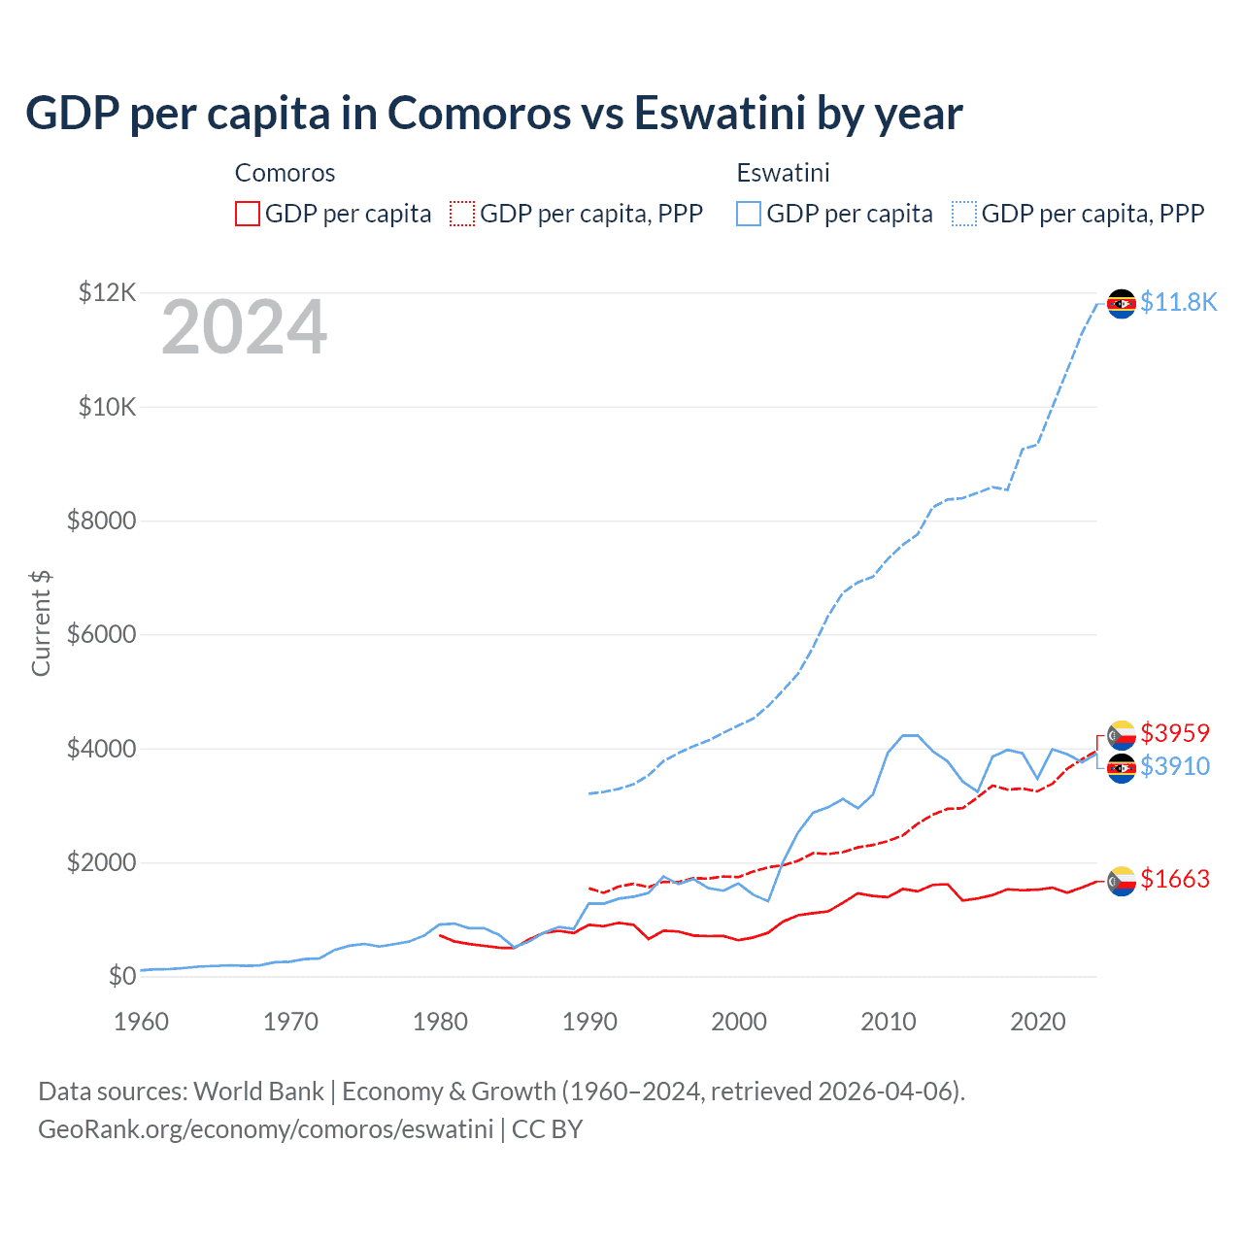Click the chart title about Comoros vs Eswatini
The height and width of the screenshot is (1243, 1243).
493,113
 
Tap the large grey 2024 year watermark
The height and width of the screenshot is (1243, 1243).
244,328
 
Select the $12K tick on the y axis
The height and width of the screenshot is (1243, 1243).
107,292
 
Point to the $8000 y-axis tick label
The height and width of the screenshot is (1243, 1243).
101,521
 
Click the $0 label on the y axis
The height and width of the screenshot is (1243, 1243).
121,976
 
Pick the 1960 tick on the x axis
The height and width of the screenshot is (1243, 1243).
142,1022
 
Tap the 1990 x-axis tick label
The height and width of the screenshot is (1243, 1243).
589,1022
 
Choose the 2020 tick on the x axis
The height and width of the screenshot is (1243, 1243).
1038,1022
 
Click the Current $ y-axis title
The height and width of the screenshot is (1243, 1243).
41,623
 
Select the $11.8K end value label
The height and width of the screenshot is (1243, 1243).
1178,302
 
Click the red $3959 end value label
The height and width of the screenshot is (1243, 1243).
1175,732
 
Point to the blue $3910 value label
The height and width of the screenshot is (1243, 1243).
1175,766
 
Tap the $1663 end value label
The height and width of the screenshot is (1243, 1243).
1175,879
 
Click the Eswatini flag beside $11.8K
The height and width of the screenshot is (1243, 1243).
1122,304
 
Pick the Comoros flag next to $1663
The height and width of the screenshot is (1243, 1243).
1122,881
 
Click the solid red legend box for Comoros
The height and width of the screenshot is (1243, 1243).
248,214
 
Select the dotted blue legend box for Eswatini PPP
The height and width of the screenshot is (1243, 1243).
964,214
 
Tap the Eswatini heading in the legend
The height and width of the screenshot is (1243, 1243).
783,173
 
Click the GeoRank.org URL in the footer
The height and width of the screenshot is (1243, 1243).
265,1129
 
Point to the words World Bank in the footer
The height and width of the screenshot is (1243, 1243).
258,1092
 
